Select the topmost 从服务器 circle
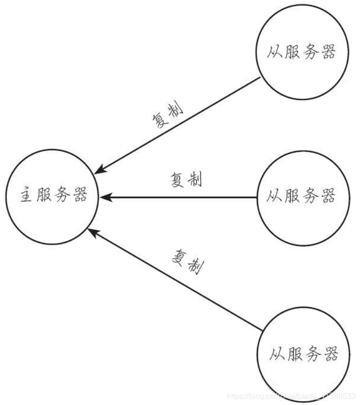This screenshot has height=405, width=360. click(301, 53)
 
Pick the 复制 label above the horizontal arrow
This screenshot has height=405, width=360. click(186, 180)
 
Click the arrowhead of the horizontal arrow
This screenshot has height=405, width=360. click(105, 197)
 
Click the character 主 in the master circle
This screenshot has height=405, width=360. click(25, 196)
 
